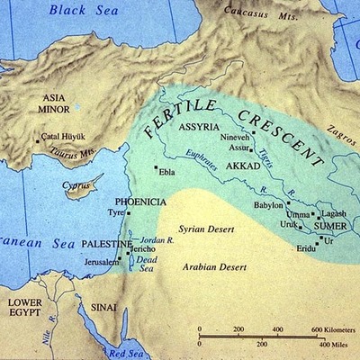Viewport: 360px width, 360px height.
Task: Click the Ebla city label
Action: [167, 169]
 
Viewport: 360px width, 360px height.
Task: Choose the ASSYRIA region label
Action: [202, 127]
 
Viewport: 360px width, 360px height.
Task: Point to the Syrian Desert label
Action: [206, 229]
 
